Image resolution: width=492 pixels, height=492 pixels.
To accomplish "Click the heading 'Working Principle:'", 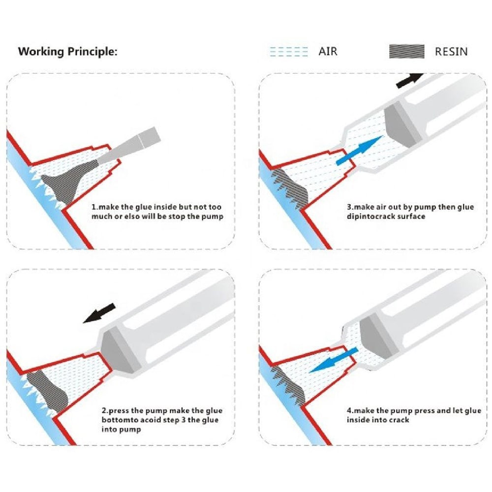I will coord(68,51).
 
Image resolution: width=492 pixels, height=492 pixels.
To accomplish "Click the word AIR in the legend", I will coord(328,51).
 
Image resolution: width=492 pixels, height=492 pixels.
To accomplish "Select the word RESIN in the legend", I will coord(451,51).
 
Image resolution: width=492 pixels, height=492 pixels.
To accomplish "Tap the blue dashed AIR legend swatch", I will coord(289,51).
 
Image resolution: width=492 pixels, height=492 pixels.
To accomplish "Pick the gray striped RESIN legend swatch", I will coord(406,51).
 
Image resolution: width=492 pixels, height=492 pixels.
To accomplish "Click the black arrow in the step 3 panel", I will coord(409,80).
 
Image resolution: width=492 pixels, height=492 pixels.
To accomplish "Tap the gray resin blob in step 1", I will coord(62,183).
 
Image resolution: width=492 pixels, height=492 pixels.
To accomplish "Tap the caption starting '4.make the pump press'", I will coord(413,415).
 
